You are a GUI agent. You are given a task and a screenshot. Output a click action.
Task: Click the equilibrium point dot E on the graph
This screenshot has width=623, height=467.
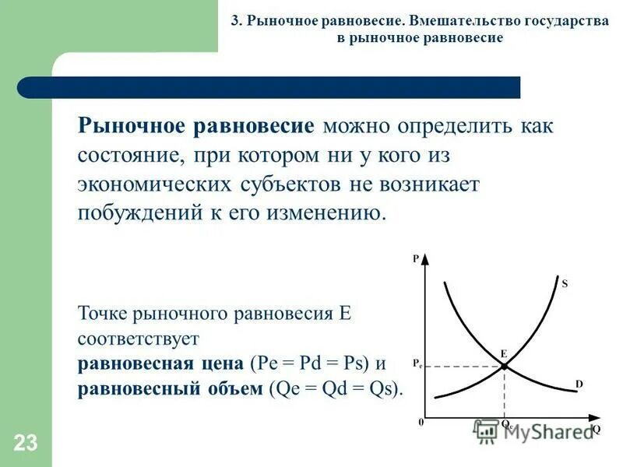pyautogui.click(x=504, y=365)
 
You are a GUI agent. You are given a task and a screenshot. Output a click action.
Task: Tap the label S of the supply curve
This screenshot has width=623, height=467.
pyautogui.click(x=565, y=285)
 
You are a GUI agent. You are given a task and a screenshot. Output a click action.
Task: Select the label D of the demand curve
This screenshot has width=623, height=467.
pyautogui.click(x=579, y=384)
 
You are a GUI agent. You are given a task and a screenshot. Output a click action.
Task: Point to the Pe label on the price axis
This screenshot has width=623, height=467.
pyautogui.click(x=417, y=363)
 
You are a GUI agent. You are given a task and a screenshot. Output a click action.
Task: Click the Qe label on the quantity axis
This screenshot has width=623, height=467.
pyautogui.click(x=506, y=426)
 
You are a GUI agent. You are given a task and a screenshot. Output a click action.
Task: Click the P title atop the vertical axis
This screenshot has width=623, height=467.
pyautogui.click(x=417, y=259)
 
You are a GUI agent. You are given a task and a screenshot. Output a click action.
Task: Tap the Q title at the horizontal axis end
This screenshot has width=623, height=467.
pyautogui.click(x=597, y=429)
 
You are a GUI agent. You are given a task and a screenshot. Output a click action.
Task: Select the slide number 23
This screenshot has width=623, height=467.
pyautogui.click(x=25, y=444)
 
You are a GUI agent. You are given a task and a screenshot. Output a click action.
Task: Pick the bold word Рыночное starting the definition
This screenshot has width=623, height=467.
pyautogui.click(x=131, y=127)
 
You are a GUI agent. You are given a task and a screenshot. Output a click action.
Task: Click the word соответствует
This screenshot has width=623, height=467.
pyautogui.click(x=139, y=339)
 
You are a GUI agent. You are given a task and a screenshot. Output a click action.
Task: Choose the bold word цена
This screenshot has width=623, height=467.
pyautogui.click(x=220, y=363)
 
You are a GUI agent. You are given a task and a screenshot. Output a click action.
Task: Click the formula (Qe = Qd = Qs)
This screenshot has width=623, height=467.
pyautogui.click(x=336, y=388)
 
